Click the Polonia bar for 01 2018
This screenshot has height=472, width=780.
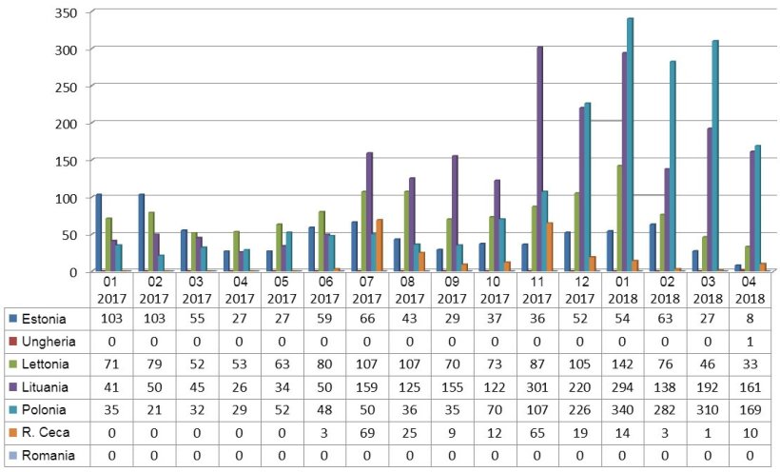630,145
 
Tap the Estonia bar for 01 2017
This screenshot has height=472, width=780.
98,232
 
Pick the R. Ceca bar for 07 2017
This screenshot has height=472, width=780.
380,246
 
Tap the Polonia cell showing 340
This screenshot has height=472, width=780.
625,410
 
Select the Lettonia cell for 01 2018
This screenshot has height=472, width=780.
625,363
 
